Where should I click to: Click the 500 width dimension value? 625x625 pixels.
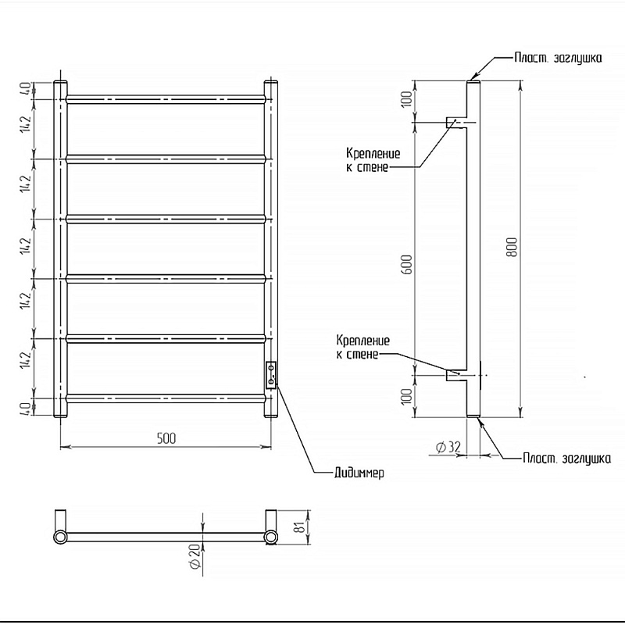point(166,438)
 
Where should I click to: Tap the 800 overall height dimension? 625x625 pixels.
point(513,247)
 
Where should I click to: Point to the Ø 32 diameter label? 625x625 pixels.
point(448,448)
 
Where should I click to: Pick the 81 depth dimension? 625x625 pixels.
point(301,527)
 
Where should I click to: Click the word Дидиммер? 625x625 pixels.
point(359,473)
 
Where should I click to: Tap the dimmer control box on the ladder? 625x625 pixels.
point(271,374)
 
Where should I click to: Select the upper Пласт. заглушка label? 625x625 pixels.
point(558,58)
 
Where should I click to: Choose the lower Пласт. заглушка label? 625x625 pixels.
point(566,459)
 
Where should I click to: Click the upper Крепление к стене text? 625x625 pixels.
point(373,160)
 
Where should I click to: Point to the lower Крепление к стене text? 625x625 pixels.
point(363,347)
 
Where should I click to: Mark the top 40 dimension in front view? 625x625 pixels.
point(25,89)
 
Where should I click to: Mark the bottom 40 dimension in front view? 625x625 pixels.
point(25,408)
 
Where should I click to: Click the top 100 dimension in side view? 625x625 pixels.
point(406,100)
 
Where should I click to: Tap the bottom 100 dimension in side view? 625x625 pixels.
point(406,396)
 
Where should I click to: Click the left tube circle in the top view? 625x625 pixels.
point(60,537)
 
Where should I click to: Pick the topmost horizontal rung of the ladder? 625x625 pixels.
point(166,99)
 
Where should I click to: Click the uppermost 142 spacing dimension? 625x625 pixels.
point(25,125)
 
